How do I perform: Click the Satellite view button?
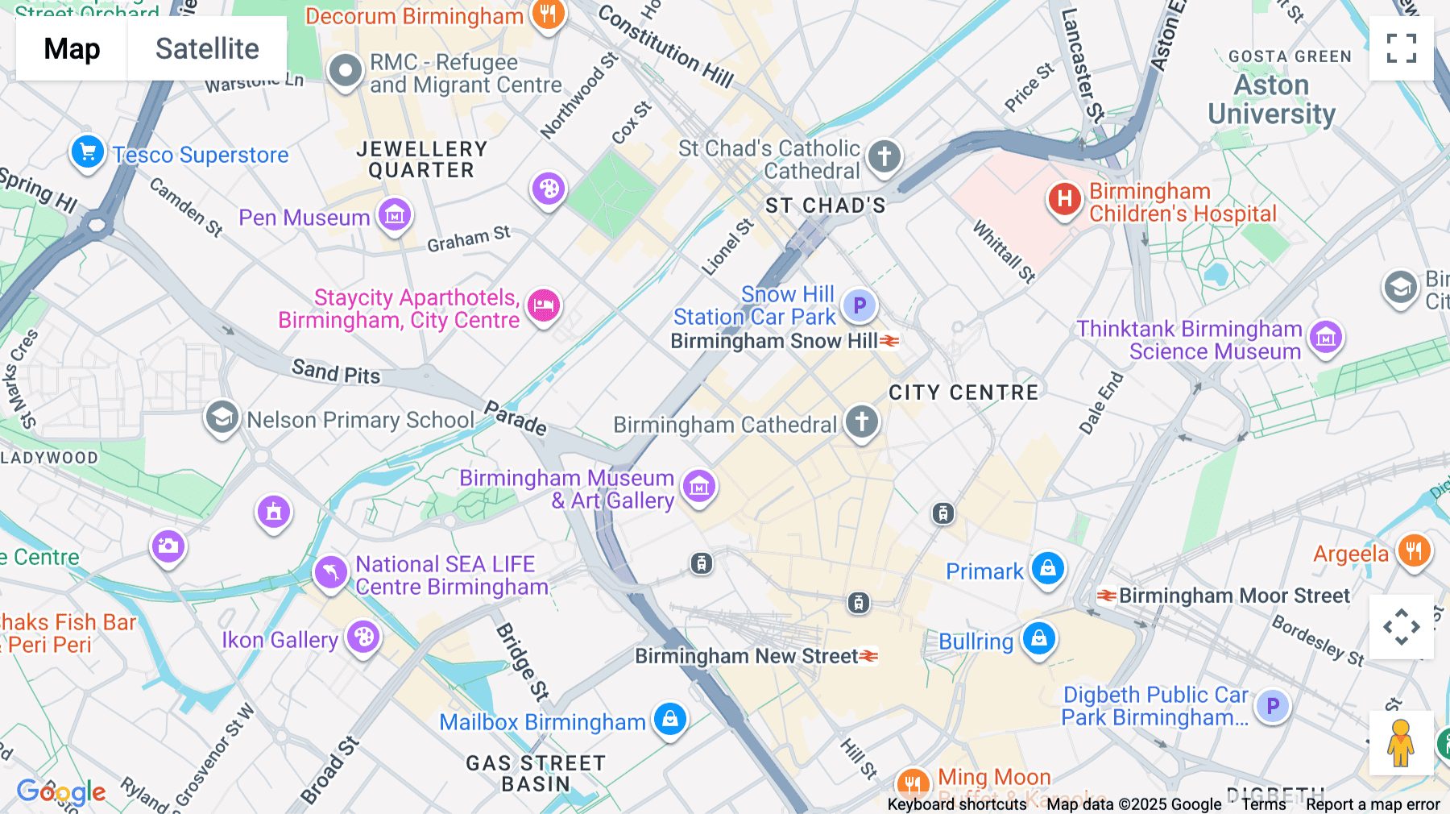207,48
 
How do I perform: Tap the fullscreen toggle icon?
1401,48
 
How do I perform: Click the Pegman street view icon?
1401,743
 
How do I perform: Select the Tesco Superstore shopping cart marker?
88,152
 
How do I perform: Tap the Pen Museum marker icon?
395,215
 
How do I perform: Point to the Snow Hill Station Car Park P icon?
860,305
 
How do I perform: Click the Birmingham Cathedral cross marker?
861,422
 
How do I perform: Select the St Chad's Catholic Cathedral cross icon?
884,156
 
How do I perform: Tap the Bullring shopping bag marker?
1039,638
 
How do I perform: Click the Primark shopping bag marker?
1048,569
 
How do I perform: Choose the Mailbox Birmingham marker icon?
670,719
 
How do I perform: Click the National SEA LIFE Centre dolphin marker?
330,573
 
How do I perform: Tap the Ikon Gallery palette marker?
363,637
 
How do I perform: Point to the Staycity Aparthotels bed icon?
544,306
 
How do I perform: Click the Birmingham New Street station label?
746,656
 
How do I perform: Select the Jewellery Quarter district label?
421,160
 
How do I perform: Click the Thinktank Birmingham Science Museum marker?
1326,338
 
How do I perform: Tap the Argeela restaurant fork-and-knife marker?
1414,551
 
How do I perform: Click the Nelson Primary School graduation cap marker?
222,417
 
